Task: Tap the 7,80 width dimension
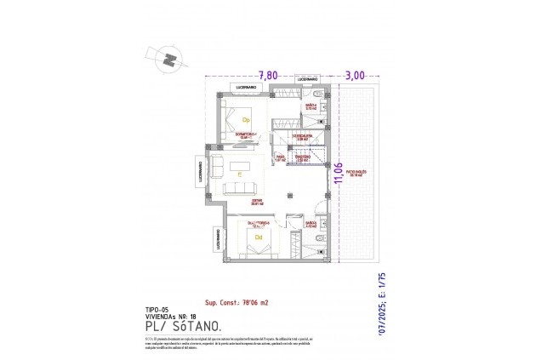coord(269,75)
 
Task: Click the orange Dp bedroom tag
coord(246,120)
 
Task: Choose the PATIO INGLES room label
coord(355,172)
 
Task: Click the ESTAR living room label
coord(257,202)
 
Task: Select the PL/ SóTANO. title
coord(184,326)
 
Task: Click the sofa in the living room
coord(242,188)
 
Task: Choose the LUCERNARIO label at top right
coord(307,79)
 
